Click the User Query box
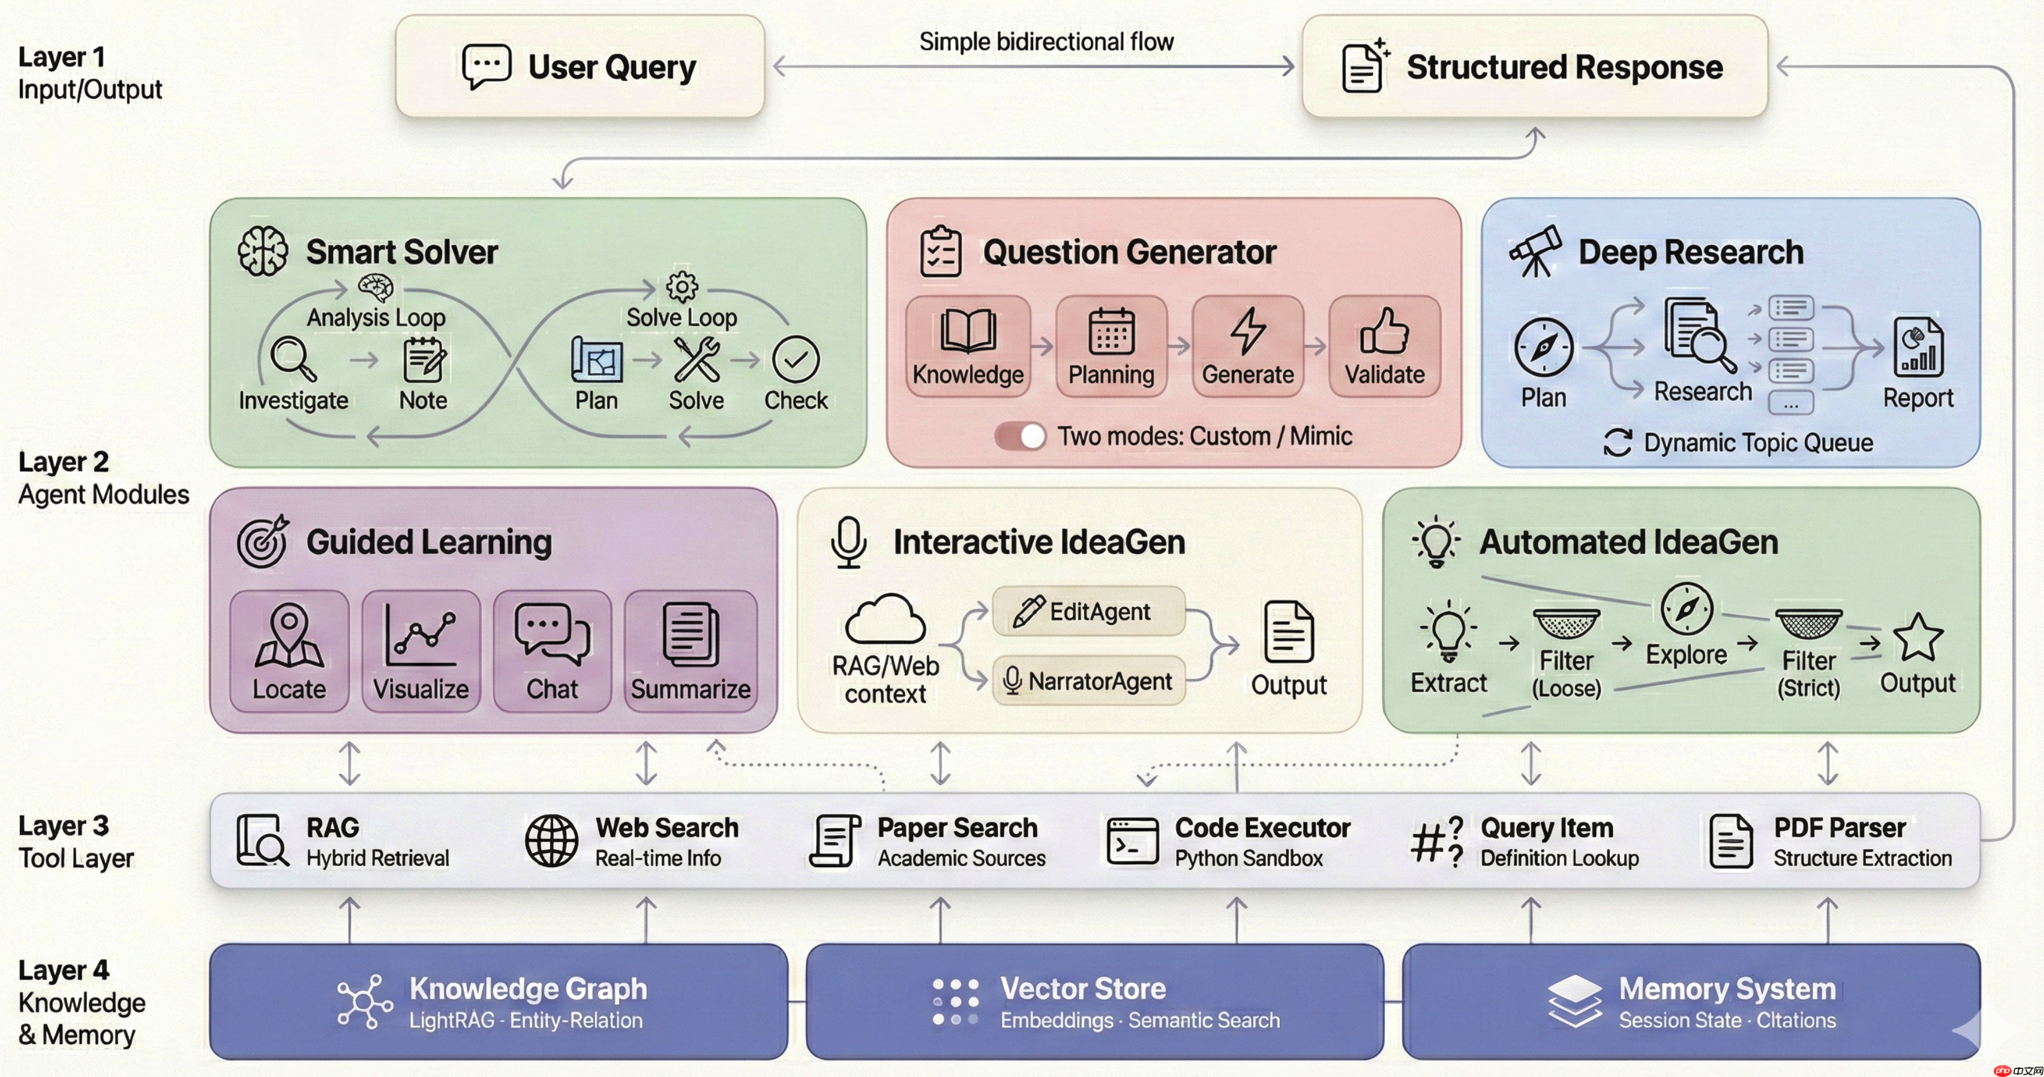pos(580,67)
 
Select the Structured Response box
pos(1534,67)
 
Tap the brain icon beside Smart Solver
pos(263,251)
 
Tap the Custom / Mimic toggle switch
pos(1021,436)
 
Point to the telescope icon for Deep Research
pos(1535,251)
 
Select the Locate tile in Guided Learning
pos(289,651)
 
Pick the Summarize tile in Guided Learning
pos(691,651)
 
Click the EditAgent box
pos(1089,611)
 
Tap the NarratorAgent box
pos(1089,680)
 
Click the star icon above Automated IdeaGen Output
pos(1918,637)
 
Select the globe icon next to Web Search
pos(551,841)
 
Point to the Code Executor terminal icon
pos(1132,841)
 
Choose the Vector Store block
pos(1094,1001)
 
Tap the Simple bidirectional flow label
pos(1046,41)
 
